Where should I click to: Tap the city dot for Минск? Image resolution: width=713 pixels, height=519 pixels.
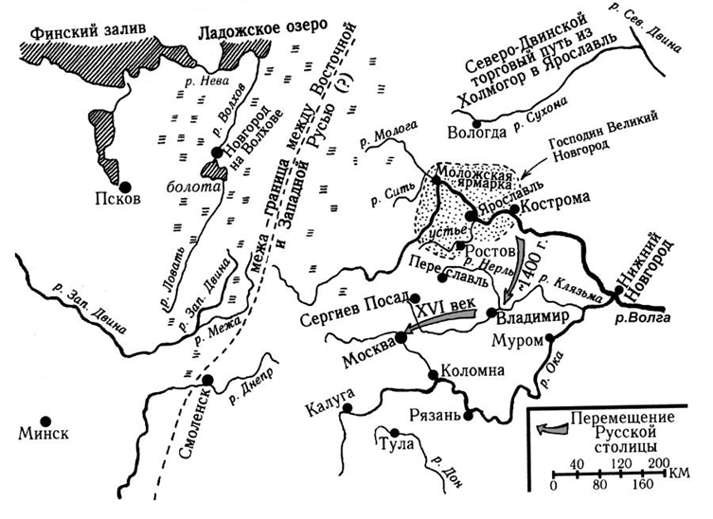click(45, 420)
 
